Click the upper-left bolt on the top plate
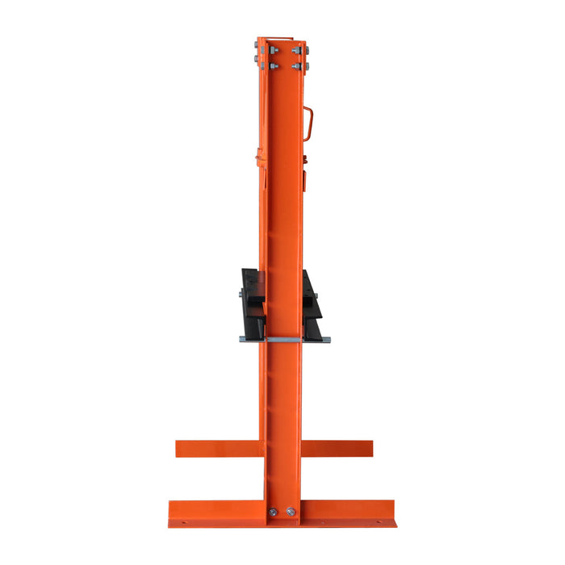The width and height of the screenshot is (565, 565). click(x=264, y=50)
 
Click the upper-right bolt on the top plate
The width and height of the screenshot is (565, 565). click(x=297, y=50)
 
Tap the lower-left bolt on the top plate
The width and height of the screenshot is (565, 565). click(x=264, y=65)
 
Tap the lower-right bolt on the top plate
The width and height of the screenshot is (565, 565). click(x=297, y=65)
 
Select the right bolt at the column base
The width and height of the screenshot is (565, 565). click(x=291, y=512)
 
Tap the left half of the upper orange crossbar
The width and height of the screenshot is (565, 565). click(x=218, y=448)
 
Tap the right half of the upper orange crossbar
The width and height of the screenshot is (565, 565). click(x=337, y=448)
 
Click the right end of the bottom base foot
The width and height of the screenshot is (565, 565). click(x=392, y=513)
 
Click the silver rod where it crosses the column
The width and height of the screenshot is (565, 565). click(x=283, y=340)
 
